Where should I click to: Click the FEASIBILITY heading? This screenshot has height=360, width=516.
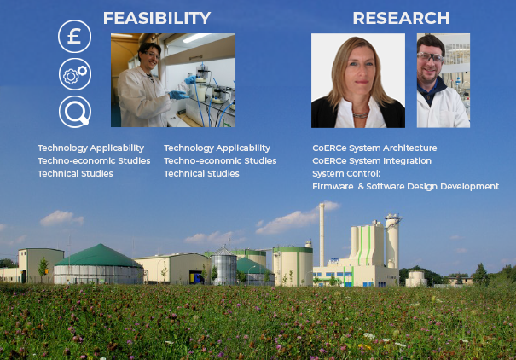pos(157,18)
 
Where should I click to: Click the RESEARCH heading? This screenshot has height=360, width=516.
pos(401,18)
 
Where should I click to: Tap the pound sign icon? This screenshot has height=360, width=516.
pos(75,36)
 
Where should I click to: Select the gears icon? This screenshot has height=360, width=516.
pos(75,74)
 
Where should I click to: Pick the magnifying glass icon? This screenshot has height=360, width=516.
pos(75,112)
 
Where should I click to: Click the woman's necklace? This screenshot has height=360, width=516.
pos(361,115)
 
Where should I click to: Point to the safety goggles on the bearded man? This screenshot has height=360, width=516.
pos(431,58)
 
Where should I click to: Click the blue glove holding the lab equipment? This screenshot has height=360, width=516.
pos(178,95)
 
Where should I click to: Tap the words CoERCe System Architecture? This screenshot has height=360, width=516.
pos(374,148)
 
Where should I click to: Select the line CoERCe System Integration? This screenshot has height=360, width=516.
pos(372,161)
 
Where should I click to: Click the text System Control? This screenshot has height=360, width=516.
pos(346,174)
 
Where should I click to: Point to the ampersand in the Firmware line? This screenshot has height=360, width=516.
pos(361,187)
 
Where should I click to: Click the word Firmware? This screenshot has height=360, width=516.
pos(333,187)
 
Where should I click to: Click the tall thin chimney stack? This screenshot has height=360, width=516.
pos(322,235)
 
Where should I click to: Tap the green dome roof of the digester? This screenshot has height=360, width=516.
pos(99,256)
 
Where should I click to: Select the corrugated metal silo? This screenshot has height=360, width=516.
pos(223,266)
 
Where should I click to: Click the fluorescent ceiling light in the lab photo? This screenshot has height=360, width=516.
pos(196,38)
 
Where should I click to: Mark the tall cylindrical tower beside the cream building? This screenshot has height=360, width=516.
pos(392,241)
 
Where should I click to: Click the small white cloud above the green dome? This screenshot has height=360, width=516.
pos(61,218)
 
